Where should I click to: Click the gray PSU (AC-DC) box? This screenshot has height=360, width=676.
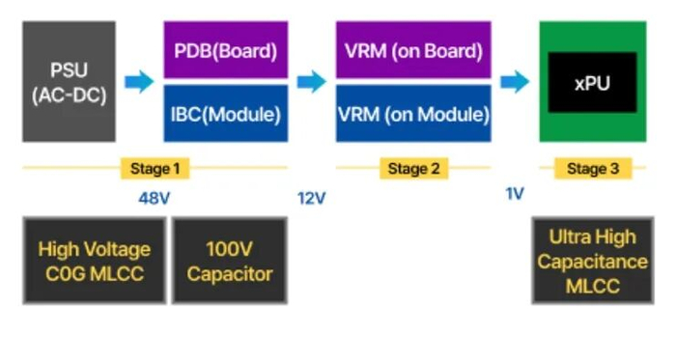[69, 81]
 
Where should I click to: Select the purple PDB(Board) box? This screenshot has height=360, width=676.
[225, 49]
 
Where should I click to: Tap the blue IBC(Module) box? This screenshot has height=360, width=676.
[225, 113]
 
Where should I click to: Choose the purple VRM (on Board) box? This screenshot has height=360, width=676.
[413, 49]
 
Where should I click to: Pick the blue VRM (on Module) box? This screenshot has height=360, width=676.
[413, 113]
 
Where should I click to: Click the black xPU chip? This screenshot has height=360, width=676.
[592, 82]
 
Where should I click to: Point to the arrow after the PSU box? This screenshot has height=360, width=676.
[139, 81]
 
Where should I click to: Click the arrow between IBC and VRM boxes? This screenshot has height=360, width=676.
[312, 81]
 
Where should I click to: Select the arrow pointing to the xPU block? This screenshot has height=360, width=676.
[515, 81]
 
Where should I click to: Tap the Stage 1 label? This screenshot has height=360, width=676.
[155, 168]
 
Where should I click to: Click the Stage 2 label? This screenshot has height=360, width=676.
[414, 168]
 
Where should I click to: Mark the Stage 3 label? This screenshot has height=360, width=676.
[593, 168]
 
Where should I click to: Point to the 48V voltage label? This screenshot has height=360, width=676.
[155, 198]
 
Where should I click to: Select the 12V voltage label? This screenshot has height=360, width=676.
[311, 198]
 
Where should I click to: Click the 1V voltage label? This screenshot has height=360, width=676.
[515, 194]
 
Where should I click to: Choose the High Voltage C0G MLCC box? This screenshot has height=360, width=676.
[95, 261]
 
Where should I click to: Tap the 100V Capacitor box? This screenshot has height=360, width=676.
[230, 261]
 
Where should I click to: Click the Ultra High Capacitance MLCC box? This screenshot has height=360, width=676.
[593, 261]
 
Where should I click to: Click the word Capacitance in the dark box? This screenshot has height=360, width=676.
[593, 262]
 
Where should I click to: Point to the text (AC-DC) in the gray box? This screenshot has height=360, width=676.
[69, 96]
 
